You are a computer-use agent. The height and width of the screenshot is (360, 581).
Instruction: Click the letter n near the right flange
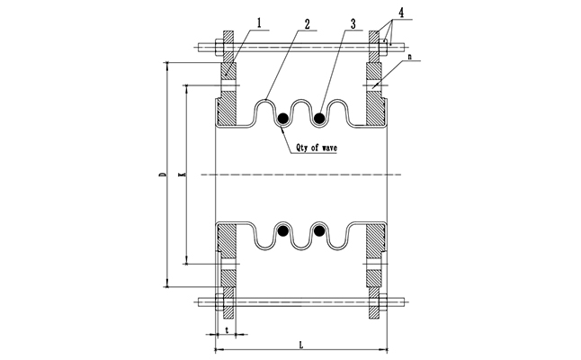coord(410,57)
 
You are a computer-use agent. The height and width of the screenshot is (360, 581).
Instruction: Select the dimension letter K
coord(183,175)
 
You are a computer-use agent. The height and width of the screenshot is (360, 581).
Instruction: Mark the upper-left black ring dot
coord(283,116)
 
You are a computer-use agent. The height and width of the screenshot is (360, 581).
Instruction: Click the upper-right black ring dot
coord(319,116)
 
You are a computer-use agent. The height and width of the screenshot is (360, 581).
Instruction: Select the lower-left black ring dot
coord(283,231)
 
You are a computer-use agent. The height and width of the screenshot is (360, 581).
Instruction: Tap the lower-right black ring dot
coord(319,231)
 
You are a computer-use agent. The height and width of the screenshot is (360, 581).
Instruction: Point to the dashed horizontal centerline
coord(297,174)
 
